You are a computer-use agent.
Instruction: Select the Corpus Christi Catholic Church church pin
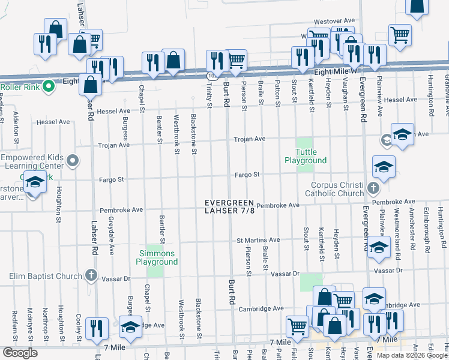tap(373, 188)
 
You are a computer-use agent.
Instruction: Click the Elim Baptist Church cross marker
tap(91, 276)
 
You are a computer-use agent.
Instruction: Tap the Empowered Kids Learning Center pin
tap(73, 161)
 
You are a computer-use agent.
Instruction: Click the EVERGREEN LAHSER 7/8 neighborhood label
tap(229, 206)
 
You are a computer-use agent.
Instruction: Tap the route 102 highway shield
tap(212, 76)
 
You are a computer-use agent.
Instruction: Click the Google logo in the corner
tap(19, 353)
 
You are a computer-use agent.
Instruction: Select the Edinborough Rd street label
tap(427, 229)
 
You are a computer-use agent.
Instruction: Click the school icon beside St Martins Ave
tap(379, 248)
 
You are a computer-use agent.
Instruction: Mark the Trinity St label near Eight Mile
tap(209, 96)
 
